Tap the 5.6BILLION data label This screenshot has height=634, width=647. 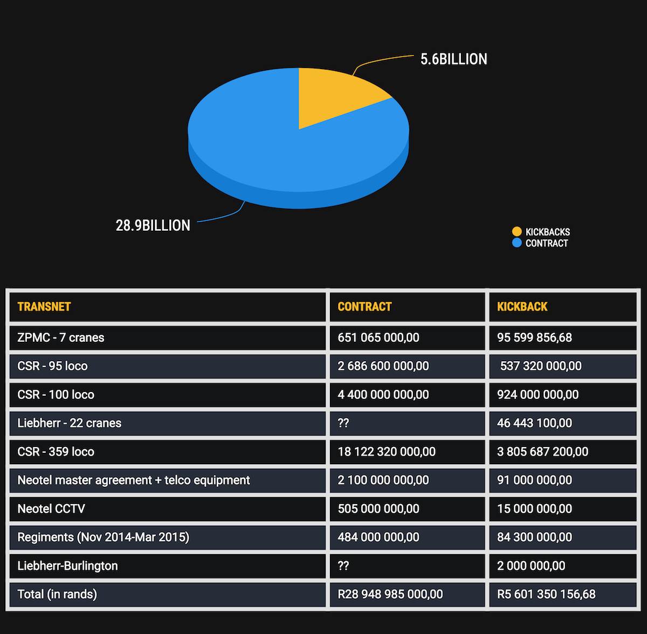453,59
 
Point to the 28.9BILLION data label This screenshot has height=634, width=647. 153,225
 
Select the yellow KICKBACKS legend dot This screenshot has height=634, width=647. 517,232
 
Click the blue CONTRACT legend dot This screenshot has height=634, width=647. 517,243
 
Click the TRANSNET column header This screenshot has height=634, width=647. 44,307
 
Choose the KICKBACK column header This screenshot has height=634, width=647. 522,307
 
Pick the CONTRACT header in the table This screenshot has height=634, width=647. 364,307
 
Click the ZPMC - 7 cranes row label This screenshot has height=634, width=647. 61,337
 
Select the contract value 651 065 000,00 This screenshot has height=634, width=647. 378,337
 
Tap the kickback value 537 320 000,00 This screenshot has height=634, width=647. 541,366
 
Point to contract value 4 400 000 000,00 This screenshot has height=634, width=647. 383,395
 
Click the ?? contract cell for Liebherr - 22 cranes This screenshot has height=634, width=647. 343,423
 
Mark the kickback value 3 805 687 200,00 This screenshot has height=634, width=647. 542,452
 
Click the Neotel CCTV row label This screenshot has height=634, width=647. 51,509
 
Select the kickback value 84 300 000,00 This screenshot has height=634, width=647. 534,537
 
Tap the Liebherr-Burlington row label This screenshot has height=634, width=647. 67,566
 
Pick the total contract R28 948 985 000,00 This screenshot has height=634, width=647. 390,595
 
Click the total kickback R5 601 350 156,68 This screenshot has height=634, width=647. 546,595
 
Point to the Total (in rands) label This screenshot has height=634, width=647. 57,595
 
